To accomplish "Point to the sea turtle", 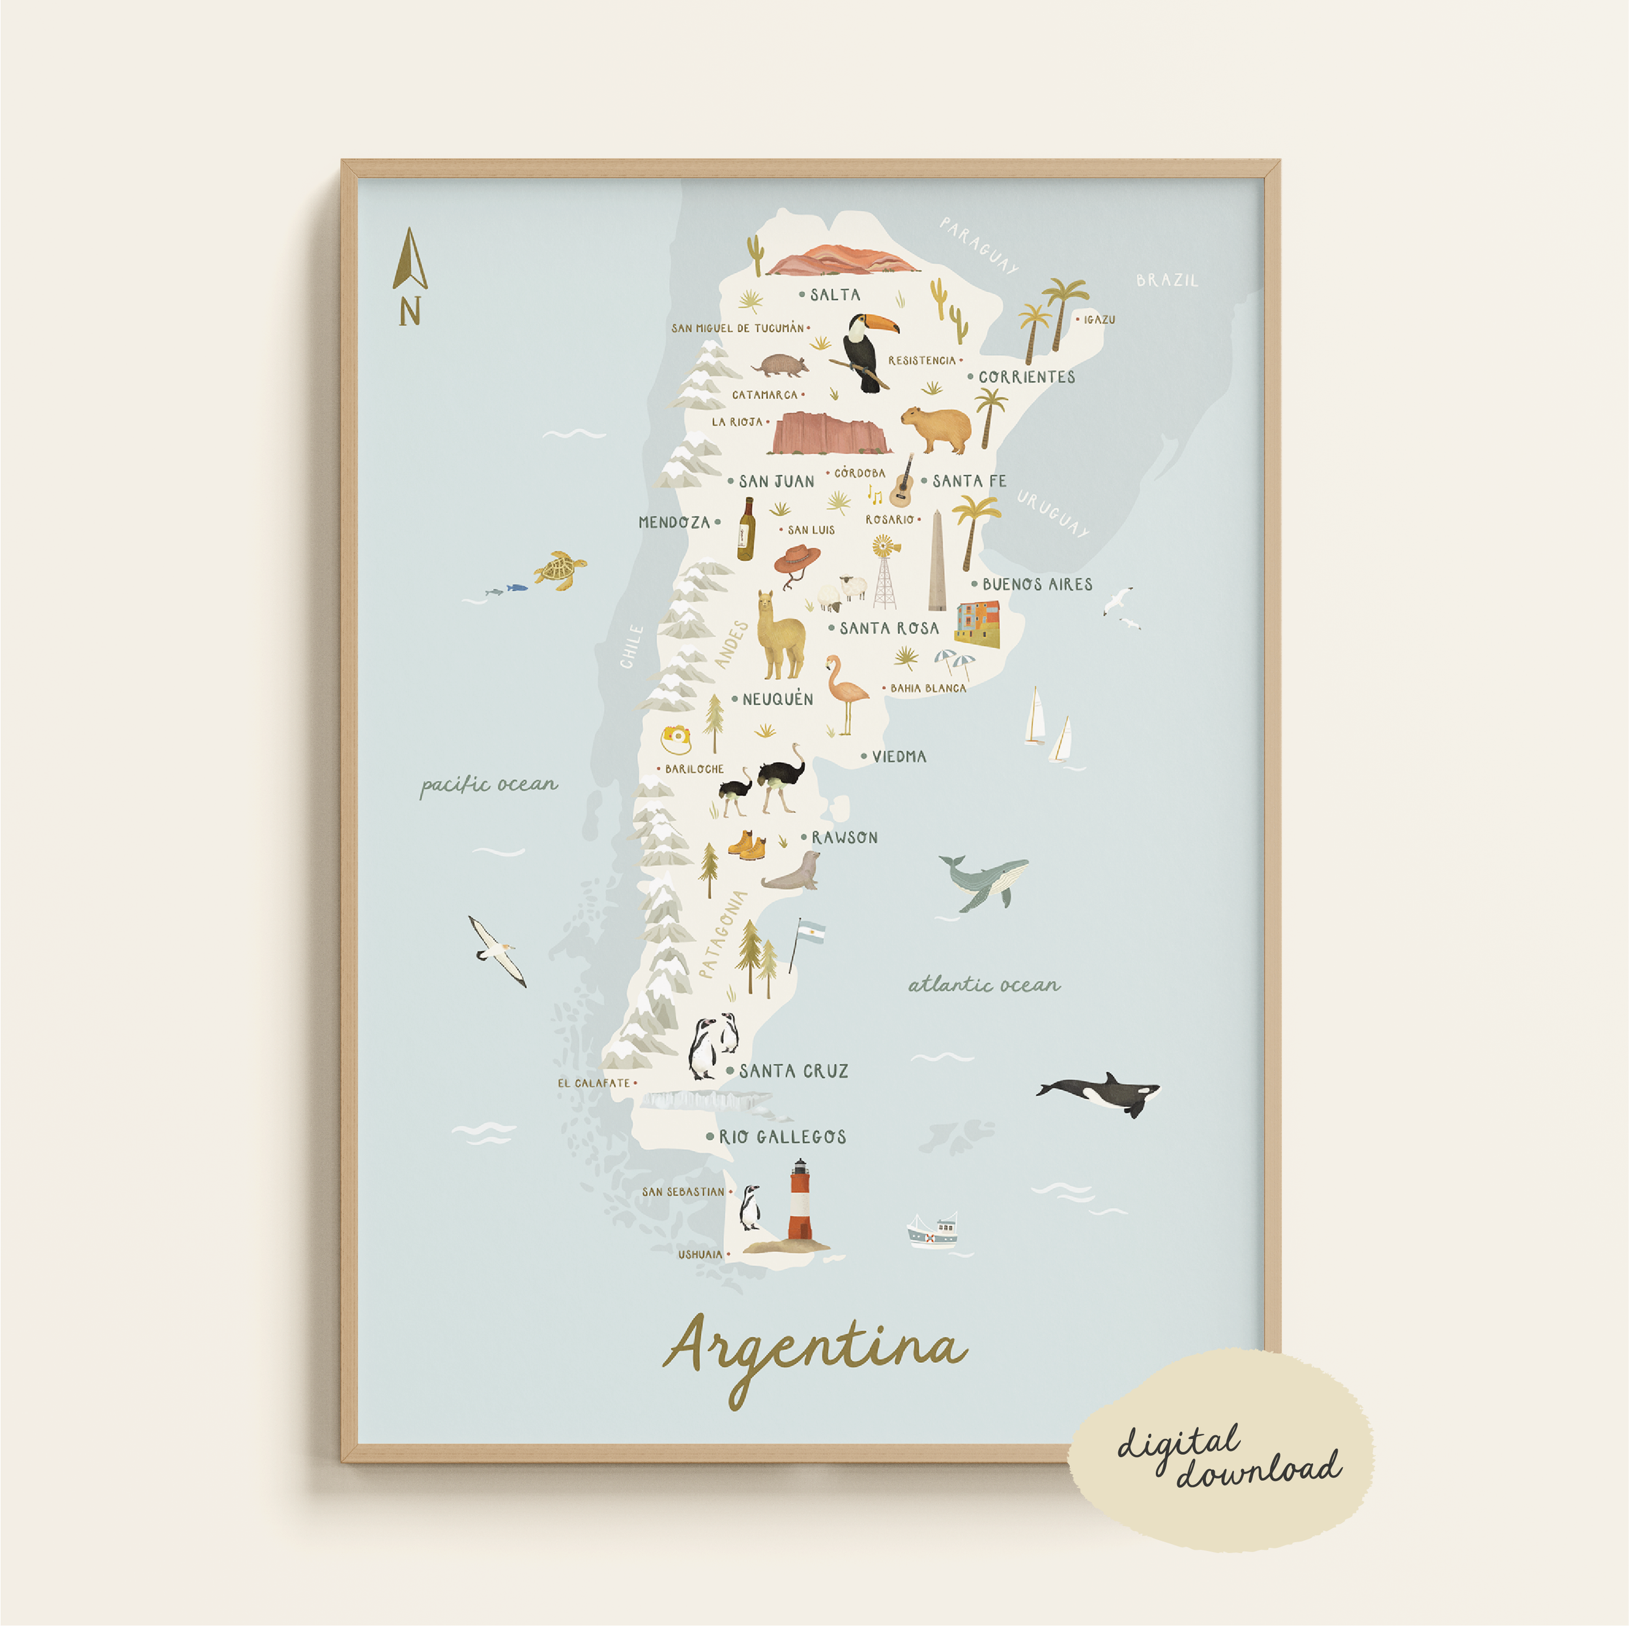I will click(559, 570).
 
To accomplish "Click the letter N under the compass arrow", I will click(410, 312).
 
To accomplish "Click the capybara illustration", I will click(935, 427).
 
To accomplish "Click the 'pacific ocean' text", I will click(489, 785).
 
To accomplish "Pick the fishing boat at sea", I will click(933, 1233).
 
